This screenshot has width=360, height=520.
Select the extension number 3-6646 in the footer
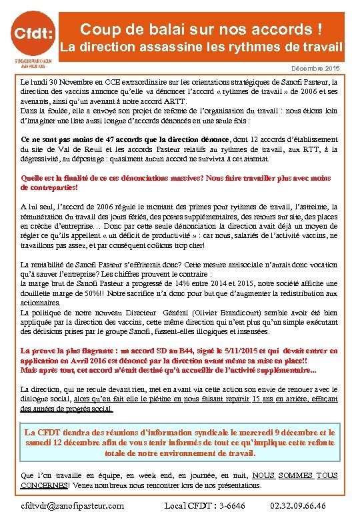(x=230, y=505)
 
